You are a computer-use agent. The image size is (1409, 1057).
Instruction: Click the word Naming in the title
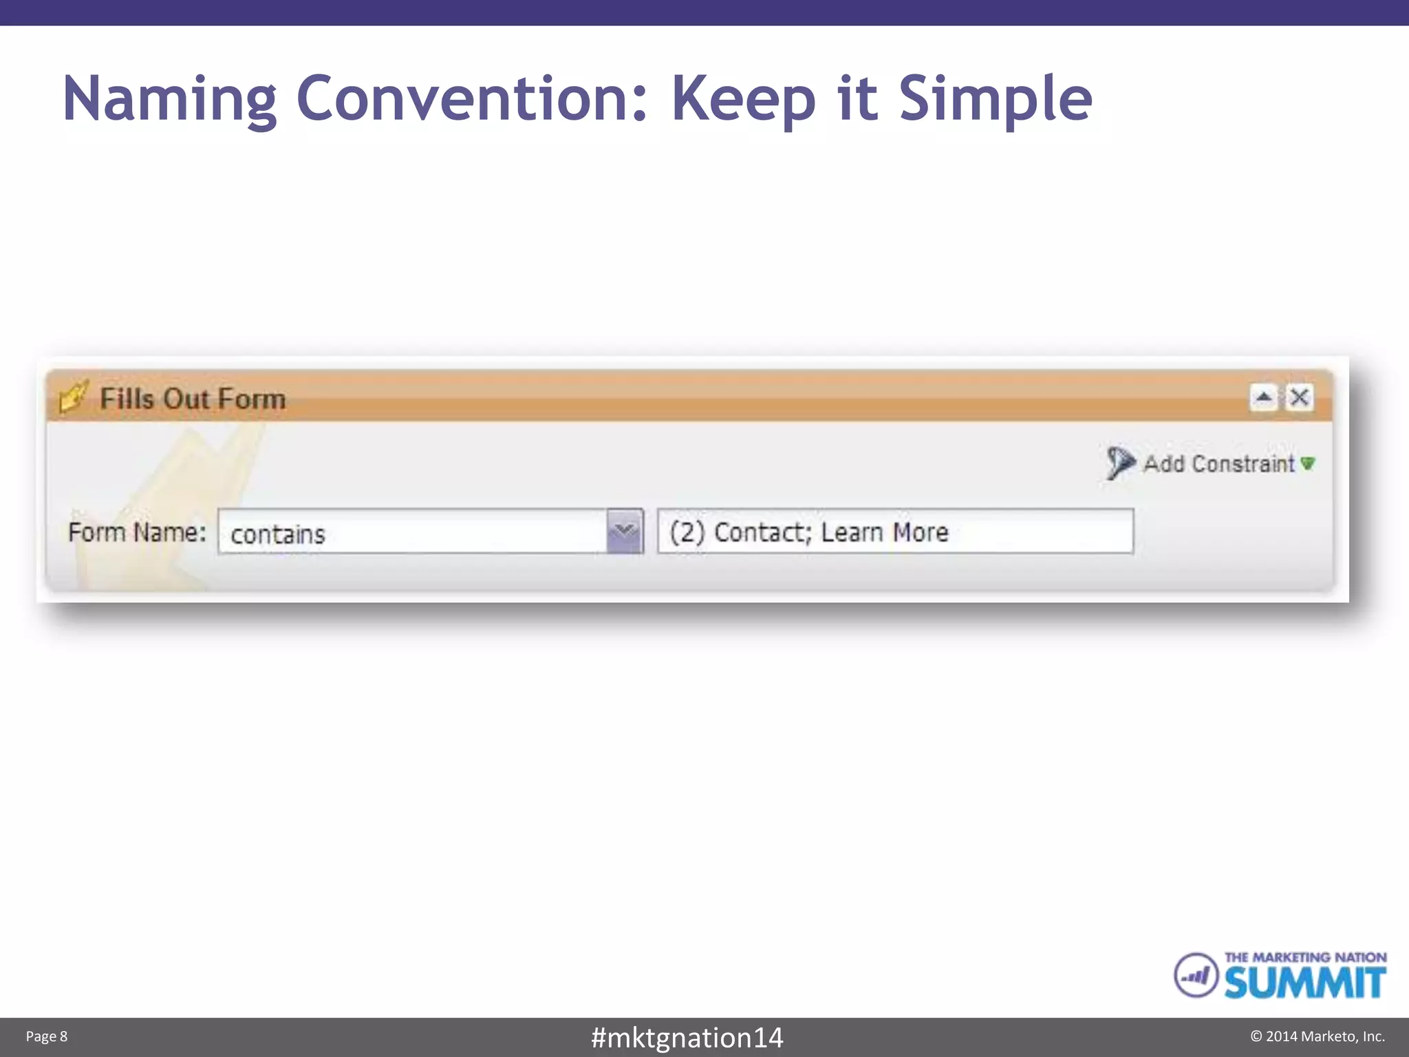(x=169, y=99)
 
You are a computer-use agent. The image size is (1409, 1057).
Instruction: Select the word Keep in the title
(x=744, y=99)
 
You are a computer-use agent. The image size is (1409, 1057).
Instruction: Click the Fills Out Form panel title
(x=193, y=399)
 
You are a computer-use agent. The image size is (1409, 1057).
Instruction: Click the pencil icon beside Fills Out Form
(x=74, y=396)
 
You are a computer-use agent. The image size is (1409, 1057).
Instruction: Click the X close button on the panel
(x=1299, y=397)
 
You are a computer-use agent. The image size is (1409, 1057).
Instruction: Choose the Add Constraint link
(x=1218, y=464)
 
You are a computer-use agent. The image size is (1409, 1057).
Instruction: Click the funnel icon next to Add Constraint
(x=1119, y=462)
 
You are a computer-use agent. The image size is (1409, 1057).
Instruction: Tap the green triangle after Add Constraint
(x=1308, y=464)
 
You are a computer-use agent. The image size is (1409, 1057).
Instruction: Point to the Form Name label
(x=137, y=533)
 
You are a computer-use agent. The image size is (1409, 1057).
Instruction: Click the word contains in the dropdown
(x=278, y=534)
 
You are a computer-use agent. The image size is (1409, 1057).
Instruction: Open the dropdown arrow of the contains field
(x=625, y=531)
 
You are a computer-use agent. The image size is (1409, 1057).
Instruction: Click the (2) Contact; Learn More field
(x=894, y=531)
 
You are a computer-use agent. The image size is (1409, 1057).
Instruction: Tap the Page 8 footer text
(x=47, y=1036)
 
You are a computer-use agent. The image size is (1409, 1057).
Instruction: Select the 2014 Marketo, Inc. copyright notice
(x=1317, y=1036)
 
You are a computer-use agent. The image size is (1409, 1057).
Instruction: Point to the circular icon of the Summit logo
(x=1196, y=974)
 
